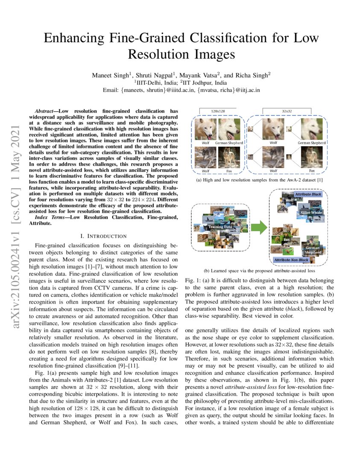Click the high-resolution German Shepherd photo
tap(229, 129)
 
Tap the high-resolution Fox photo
tap(229, 156)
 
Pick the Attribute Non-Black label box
tap(292, 259)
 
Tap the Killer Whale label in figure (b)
tap(311, 212)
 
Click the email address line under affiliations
tap(181, 90)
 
